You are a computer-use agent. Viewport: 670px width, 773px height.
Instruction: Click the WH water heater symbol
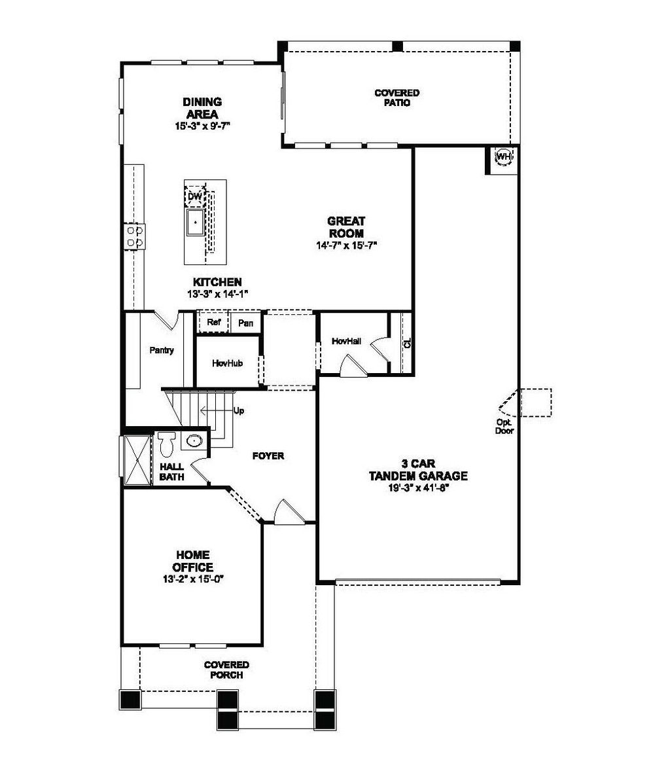503,156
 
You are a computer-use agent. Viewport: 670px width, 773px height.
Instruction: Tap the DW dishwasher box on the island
195,196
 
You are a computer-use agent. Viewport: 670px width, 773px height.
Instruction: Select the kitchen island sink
196,223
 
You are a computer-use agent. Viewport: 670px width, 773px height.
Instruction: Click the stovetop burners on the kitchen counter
135,237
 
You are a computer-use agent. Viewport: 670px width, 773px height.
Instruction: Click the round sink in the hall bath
193,441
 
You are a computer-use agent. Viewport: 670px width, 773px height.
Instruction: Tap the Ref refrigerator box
213,323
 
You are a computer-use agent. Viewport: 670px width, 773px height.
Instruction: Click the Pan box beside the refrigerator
246,323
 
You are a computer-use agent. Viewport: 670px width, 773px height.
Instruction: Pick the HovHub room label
227,363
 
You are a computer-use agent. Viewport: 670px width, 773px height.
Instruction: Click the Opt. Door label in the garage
504,426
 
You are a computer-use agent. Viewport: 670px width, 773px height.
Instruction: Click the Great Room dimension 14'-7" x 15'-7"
346,245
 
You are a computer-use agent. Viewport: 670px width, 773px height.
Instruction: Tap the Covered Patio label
397,98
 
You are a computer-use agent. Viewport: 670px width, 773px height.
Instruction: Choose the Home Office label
192,561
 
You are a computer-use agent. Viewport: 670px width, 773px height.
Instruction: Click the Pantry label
162,350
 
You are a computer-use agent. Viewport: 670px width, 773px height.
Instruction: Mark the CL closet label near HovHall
406,343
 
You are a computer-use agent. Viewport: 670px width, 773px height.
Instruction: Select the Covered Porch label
226,670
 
